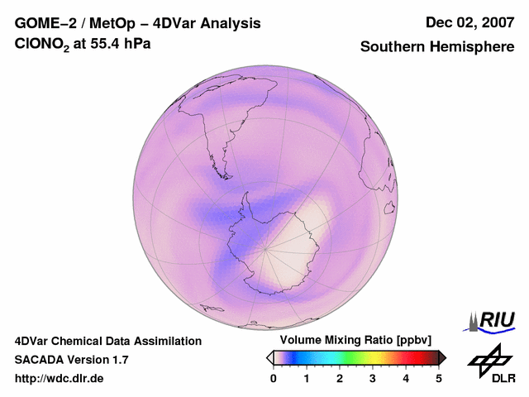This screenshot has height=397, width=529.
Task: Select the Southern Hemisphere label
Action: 437,47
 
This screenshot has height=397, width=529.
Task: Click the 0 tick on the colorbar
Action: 274,378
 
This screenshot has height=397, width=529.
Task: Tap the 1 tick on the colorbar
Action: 307,378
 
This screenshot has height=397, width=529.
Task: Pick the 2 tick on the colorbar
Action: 340,378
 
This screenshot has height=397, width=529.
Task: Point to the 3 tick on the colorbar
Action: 373,378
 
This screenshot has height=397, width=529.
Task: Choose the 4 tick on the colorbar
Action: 406,378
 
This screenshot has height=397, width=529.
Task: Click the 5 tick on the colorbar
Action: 439,378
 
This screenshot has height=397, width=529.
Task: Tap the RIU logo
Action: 492,319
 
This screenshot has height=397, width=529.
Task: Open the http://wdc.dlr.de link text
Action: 60,379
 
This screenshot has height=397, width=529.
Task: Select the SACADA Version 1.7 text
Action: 71,360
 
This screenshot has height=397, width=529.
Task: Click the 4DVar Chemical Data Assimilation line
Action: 107,341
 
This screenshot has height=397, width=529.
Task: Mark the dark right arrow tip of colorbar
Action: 442,357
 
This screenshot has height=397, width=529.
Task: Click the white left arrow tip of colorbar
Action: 270,357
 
